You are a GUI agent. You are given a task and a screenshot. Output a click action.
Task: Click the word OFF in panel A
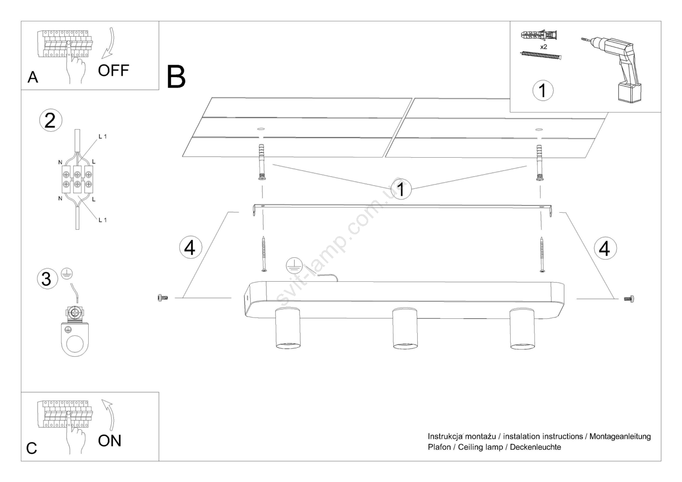click(x=113, y=71)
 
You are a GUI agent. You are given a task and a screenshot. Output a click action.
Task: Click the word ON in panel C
click(x=110, y=441)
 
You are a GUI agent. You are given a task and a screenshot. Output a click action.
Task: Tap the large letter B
click(x=176, y=77)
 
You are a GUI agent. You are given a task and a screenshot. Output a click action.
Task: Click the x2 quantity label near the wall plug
click(x=543, y=47)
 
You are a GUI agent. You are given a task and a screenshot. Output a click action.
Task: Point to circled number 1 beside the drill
click(x=543, y=90)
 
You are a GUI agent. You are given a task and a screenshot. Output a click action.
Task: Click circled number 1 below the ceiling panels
click(x=401, y=188)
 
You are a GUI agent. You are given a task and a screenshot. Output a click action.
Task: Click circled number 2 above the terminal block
click(x=50, y=121)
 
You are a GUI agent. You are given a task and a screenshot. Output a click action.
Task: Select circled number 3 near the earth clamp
click(x=46, y=279)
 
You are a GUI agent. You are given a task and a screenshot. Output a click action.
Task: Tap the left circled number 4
click(x=190, y=248)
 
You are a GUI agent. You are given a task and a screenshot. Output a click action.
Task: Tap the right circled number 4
click(x=604, y=248)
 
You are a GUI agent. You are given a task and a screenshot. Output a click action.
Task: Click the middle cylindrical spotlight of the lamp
click(x=405, y=328)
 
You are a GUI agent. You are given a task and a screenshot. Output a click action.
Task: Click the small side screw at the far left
click(x=162, y=297)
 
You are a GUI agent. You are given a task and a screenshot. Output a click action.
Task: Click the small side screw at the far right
click(x=629, y=299)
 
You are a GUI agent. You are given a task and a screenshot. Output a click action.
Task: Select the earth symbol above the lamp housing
click(x=294, y=266)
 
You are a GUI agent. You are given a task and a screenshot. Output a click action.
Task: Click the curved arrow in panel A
click(x=108, y=44)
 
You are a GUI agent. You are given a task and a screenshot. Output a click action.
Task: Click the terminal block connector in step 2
click(x=77, y=179)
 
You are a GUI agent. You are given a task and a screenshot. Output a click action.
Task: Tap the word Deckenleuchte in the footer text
click(x=535, y=447)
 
